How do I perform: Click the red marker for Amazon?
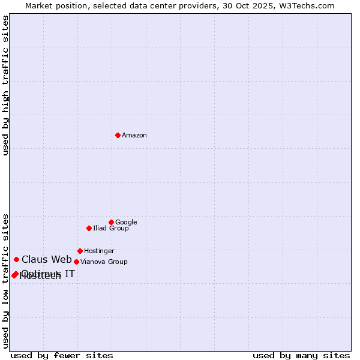pos(118,135)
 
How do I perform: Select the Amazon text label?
pos(134,136)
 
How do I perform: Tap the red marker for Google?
pos(111,222)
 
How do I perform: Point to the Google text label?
pos(126,223)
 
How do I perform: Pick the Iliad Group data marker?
pos(89,228)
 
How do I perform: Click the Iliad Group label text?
pos(111,229)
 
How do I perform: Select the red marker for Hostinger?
pos(80,251)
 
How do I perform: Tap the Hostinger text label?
pos(99,251)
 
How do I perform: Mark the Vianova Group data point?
pos(76,262)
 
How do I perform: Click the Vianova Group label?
pos(104,262)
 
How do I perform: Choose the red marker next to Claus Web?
pos(16,259)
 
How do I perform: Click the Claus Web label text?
pos(47,260)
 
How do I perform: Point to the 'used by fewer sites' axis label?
pos(62,355)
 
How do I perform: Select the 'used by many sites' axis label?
pos(301,355)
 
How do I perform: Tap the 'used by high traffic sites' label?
pos(5,85)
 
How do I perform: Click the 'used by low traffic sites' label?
pos(5,280)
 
